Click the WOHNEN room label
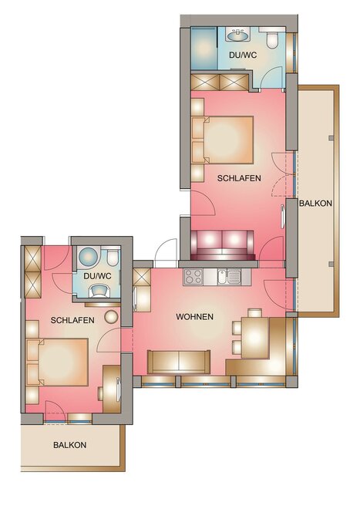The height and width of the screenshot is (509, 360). click(194, 316)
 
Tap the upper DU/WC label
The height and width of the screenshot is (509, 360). click(243, 55)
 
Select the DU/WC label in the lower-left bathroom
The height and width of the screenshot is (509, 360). click(97, 276)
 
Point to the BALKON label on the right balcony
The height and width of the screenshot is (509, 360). click(315, 203)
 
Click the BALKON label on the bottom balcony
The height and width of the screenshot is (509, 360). click(70, 445)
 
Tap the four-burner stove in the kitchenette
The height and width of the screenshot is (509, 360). click(193, 277)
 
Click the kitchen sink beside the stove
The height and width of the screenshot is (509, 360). click(229, 277)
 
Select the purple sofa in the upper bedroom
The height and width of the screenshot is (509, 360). click(222, 245)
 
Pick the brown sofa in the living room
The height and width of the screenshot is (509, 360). click(179, 362)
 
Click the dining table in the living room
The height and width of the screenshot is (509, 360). click(255, 338)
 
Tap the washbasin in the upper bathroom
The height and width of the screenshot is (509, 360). click(239, 35)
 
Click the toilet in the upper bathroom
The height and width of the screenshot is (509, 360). click(272, 38)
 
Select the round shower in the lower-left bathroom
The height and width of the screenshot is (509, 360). click(89, 257)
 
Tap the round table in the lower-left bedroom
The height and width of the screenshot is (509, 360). click(111, 317)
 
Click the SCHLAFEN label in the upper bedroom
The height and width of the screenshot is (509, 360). click(239, 178)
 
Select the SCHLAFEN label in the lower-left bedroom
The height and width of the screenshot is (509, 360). click(72, 320)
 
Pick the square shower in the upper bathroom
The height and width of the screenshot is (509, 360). click(204, 49)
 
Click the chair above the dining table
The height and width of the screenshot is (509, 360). click(255, 313)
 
